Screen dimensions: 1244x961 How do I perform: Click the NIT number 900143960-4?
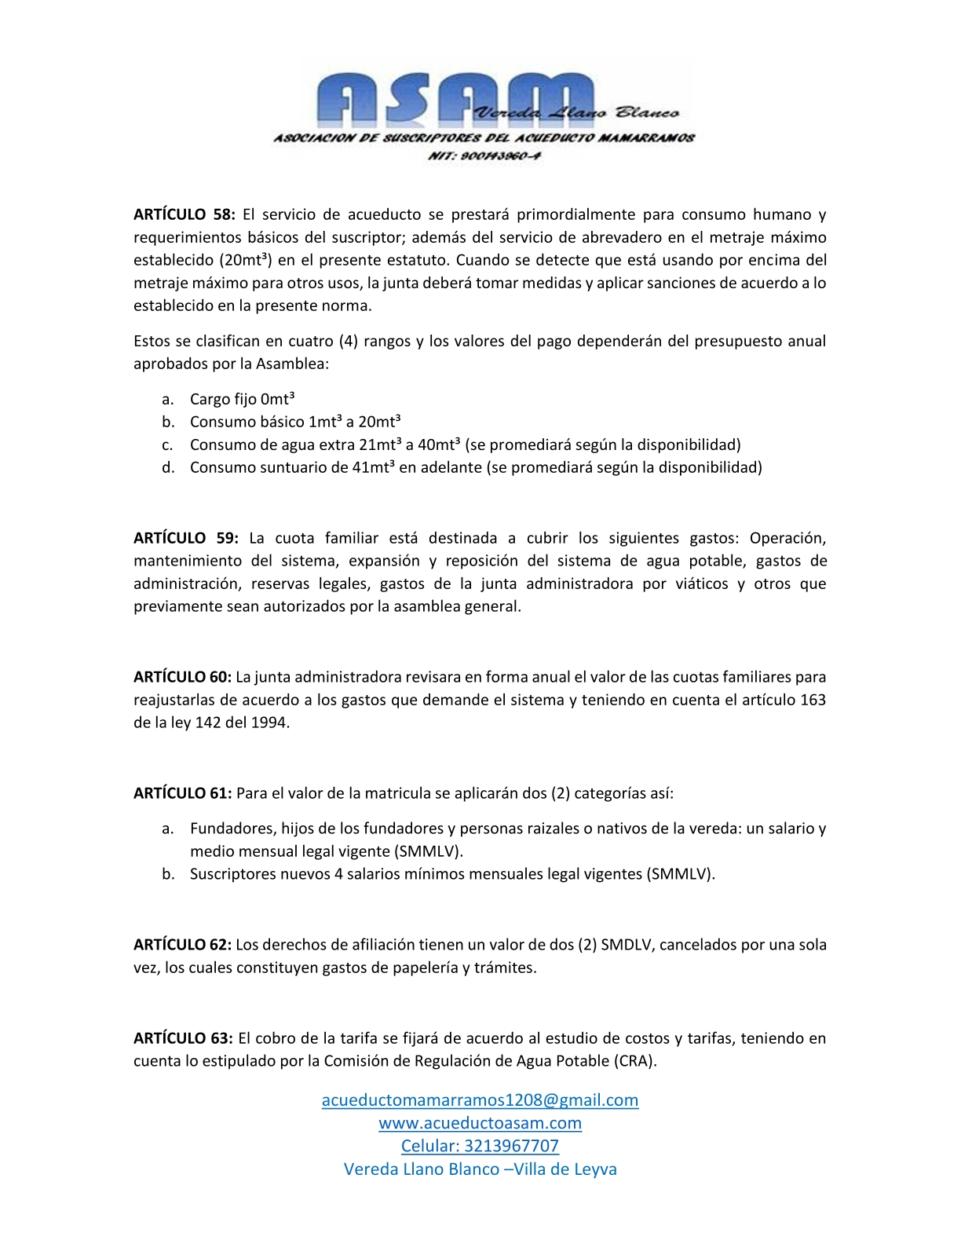[484, 155]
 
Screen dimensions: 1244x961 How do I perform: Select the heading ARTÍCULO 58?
[184, 214]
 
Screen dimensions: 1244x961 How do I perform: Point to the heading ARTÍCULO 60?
[182, 677]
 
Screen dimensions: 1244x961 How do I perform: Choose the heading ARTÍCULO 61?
[182, 793]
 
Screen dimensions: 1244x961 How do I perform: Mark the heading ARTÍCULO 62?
[182, 945]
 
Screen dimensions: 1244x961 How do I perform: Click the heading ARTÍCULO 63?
[183, 1038]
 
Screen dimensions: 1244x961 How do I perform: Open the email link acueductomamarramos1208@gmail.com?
[480, 1099]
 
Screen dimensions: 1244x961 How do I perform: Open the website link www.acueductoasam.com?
[480, 1123]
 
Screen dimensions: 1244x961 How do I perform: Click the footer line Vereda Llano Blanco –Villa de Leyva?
[480, 1169]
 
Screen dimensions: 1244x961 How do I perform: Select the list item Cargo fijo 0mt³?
[242, 399]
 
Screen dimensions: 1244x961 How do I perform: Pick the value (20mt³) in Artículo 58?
[245, 260]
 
